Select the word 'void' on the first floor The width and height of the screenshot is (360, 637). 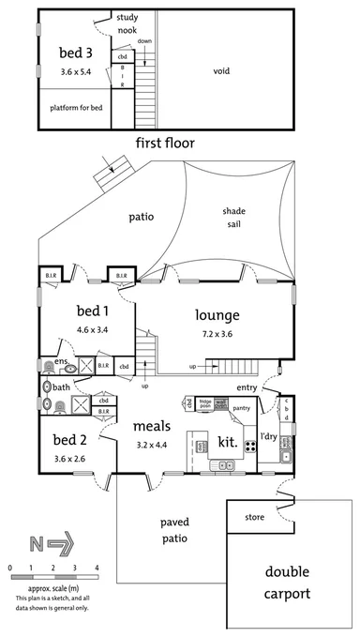tap(222, 70)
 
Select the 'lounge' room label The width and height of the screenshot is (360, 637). tap(217, 315)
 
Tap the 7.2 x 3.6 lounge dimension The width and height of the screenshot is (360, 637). tap(217, 334)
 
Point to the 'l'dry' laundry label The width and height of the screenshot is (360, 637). tap(268, 437)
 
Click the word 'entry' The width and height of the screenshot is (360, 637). tap(247, 387)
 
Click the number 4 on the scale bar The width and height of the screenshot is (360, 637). tap(97, 569)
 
